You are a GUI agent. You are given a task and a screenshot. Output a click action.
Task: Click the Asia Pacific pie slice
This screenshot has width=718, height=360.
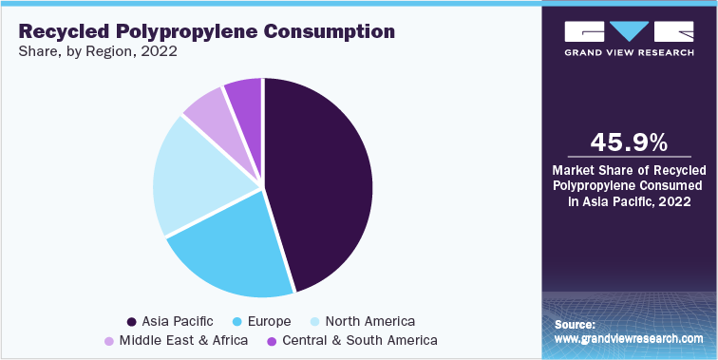pyautogui.click(x=318, y=180)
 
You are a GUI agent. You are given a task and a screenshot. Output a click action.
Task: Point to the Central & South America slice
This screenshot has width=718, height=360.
pyautogui.click(x=245, y=99)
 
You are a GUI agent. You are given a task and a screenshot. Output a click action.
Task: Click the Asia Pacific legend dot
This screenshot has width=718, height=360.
pyautogui.click(x=131, y=321)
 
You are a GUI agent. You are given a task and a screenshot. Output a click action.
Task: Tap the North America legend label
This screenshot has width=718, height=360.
pyautogui.click(x=369, y=321)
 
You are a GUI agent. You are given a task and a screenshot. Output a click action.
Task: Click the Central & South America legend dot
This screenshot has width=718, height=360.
pyautogui.click(x=274, y=340)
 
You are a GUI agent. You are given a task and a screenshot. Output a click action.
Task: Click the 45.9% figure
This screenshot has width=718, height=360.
pyautogui.click(x=629, y=142)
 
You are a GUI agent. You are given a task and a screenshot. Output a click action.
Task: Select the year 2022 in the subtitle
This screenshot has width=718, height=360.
pyautogui.click(x=159, y=52)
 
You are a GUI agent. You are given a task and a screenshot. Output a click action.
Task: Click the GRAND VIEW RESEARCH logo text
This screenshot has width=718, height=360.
pyautogui.click(x=629, y=53)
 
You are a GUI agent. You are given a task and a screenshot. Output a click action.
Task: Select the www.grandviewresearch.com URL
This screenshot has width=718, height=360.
pyautogui.click(x=629, y=338)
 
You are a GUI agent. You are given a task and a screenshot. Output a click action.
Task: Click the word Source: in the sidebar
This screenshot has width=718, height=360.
pyautogui.click(x=575, y=325)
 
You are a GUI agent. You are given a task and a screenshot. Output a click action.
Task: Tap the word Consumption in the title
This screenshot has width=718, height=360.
pyautogui.click(x=337, y=31)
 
